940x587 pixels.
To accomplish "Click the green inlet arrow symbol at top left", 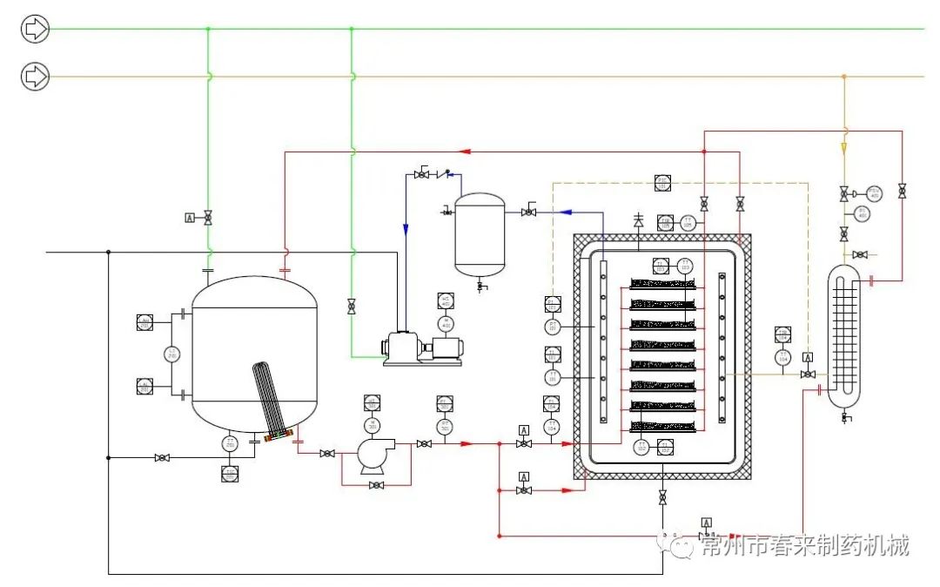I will (x=35, y=30).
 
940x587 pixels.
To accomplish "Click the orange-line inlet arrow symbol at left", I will (x=35, y=77).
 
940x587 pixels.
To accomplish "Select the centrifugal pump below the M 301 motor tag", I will (x=373, y=454).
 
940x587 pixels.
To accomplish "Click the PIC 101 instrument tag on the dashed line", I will (x=661, y=183).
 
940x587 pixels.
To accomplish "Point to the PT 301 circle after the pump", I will (x=445, y=426).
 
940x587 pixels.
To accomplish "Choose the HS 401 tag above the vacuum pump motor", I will (x=446, y=300).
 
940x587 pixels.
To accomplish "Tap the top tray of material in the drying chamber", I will (x=662, y=283).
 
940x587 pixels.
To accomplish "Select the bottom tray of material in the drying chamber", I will (x=662, y=427).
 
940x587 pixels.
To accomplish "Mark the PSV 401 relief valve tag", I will (x=873, y=192).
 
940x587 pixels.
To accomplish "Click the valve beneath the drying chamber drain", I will (x=662, y=497).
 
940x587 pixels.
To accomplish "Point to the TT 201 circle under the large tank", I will (x=230, y=443).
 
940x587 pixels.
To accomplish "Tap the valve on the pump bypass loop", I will (x=376, y=485).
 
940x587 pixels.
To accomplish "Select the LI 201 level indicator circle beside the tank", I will (x=172, y=354).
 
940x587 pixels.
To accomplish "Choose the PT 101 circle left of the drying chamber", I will (x=552, y=327).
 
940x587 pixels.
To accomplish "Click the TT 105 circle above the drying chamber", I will (x=688, y=223).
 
